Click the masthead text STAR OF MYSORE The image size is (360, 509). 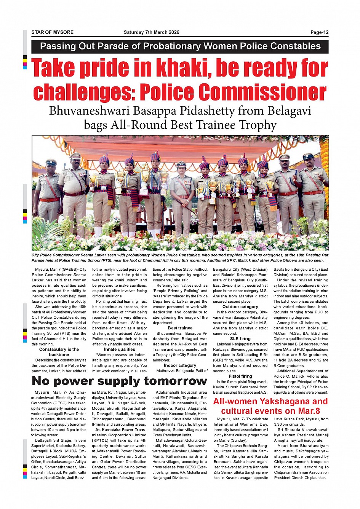click(52, 32)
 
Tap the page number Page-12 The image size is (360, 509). click(319, 32)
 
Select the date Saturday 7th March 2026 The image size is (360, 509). click(151, 32)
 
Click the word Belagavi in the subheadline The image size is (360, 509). click(289, 111)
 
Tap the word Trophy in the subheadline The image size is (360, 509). click(258, 125)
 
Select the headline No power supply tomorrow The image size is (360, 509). click(119, 381)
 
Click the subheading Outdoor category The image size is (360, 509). click(240, 306)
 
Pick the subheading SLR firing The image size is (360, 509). click(240, 338)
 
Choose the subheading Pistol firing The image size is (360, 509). click(240, 376)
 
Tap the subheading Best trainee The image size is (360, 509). click(180, 328)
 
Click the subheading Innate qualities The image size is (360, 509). click(120, 349)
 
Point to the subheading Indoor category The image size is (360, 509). click(180, 365)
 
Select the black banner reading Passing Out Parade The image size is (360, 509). click(180, 46)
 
